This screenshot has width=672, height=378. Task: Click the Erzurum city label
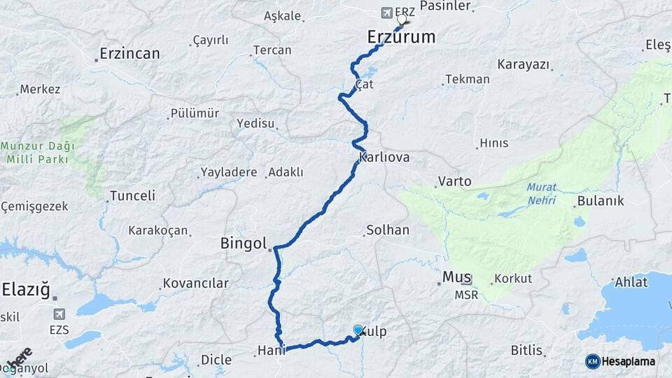(x=401, y=36)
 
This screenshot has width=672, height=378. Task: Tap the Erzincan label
(x=129, y=53)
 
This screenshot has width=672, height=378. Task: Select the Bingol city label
(x=244, y=244)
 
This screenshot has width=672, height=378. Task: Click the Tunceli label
(x=132, y=195)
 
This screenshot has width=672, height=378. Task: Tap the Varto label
(x=454, y=181)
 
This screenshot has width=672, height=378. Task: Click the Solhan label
(x=387, y=230)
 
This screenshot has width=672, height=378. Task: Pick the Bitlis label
(x=526, y=350)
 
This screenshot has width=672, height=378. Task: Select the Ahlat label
(x=631, y=282)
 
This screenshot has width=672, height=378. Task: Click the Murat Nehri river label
(x=541, y=194)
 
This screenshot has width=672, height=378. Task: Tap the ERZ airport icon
(x=387, y=12)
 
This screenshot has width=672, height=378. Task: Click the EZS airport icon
(x=59, y=314)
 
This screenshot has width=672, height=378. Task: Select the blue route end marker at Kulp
(x=358, y=330)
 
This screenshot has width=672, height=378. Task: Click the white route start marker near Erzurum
(x=402, y=20)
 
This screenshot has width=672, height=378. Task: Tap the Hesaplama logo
(x=621, y=361)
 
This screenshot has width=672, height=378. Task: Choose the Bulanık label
(x=600, y=202)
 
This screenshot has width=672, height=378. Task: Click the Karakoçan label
(x=157, y=230)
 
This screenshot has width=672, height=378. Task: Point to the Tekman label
(x=467, y=79)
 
